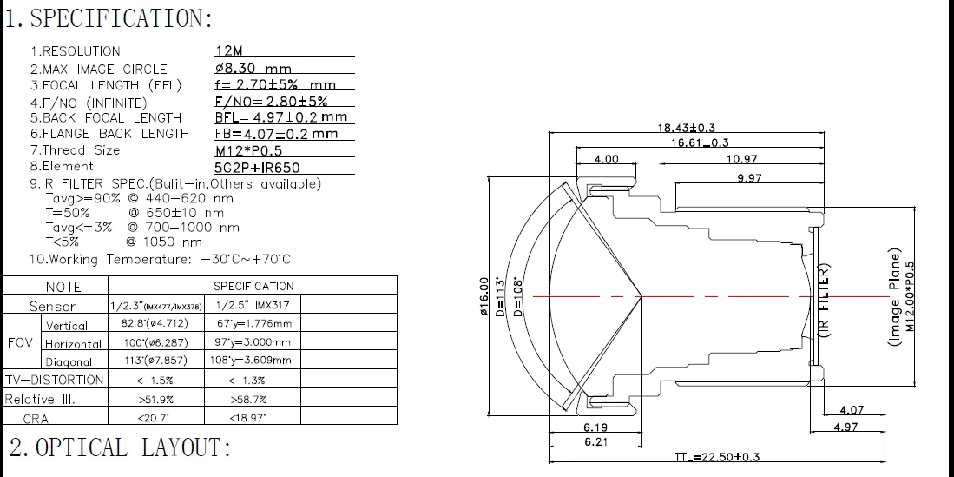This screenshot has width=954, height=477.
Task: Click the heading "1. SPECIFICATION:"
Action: (109, 18)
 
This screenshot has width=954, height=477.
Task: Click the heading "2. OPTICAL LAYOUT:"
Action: (121, 448)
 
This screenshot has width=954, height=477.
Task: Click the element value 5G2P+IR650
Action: (258, 167)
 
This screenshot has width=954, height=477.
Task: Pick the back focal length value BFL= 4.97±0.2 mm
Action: (280, 117)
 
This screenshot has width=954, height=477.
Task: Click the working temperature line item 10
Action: (160, 259)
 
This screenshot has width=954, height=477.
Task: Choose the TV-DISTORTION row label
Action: (54, 380)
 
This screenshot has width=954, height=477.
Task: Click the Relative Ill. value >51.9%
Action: (155, 399)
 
